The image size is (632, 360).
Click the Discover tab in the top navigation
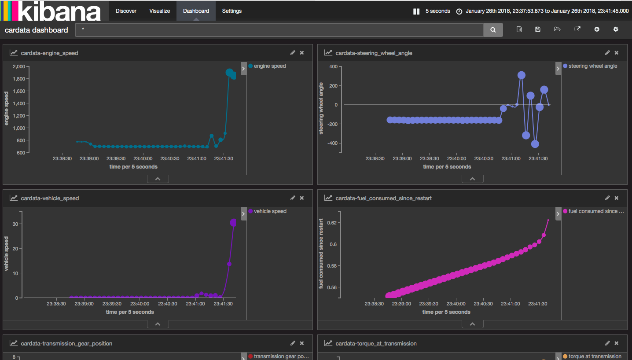[x=126, y=11]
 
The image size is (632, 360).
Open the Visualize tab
[x=159, y=11]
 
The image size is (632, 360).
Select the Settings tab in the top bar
[x=231, y=11]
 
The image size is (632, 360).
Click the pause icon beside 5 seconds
[x=416, y=11]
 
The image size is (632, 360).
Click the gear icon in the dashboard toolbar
[x=616, y=29]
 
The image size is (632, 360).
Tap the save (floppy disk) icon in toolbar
[x=537, y=29]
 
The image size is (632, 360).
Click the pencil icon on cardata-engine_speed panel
[x=293, y=53]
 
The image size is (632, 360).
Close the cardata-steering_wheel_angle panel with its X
[x=616, y=53]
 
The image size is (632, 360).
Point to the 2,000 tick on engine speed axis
[x=19, y=66]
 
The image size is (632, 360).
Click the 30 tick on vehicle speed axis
[x=15, y=224]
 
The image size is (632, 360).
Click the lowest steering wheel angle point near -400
[x=535, y=144]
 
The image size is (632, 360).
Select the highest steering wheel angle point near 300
[x=521, y=75]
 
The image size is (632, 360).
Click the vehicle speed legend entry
[x=270, y=211]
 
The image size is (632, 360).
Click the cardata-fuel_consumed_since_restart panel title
[x=383, y=198]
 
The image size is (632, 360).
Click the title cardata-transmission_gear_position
[x=66, y=343]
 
